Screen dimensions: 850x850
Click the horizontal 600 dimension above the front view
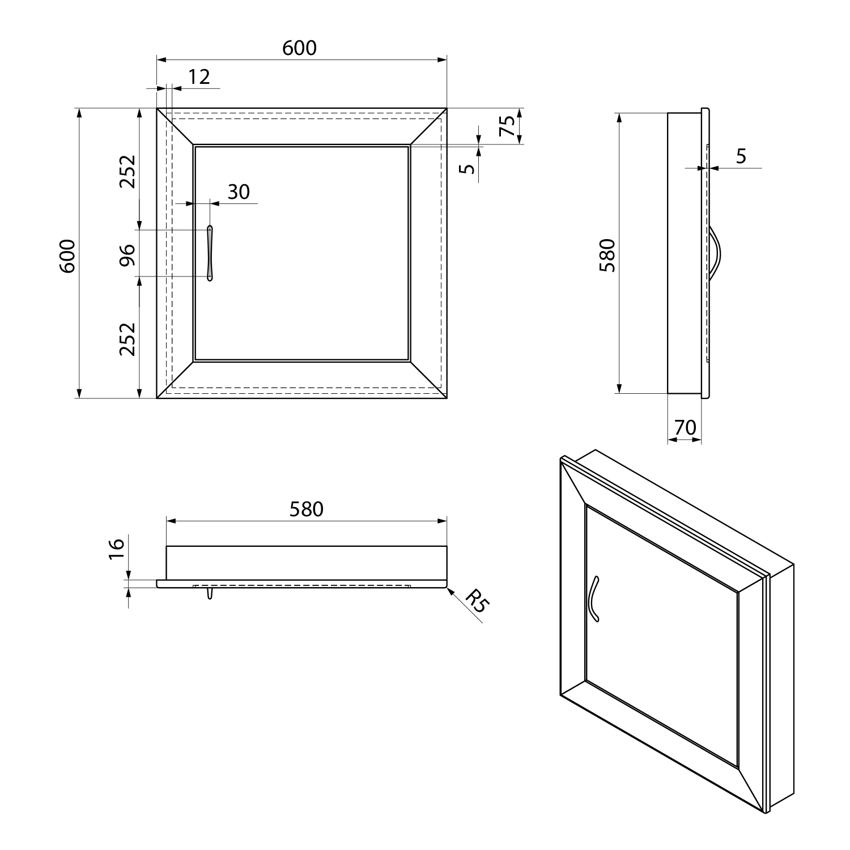(x=299, y=48)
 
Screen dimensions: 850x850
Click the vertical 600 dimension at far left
(x=67, y=256)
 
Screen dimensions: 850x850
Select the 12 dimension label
(x=199, y=76)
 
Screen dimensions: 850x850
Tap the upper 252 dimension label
(x=127, y=171)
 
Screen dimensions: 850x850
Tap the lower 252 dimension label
(x=127, y=339)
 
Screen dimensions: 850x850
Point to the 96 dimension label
(x=127, y=254)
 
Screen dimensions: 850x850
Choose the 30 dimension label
(x=239, y=192)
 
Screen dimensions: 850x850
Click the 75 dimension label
(x=507, y=126)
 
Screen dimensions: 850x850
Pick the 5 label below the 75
(x=467, y=169)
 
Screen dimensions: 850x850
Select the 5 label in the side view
(x=741, y=156)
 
